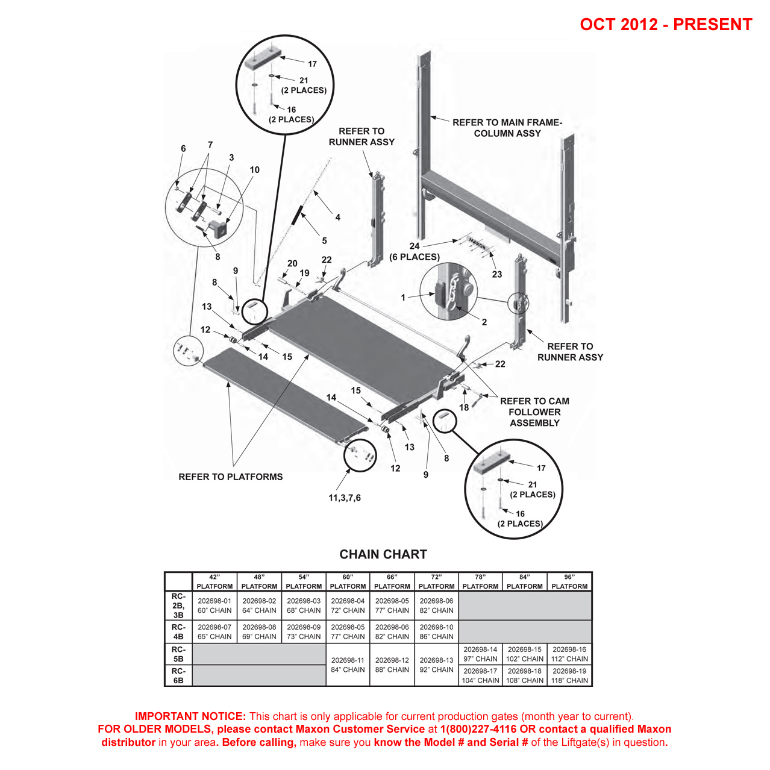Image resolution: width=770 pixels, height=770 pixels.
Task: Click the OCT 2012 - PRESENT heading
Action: click(x=666, y=25)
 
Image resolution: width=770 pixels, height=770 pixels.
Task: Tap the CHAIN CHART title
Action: click(x=383, y=554)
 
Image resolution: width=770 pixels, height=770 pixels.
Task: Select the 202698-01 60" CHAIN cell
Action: click(x=214, y=606)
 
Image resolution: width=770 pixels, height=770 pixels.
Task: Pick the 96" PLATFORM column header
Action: click(x=569, y=581)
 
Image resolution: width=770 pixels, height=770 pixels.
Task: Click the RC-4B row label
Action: click(x=178, y=631)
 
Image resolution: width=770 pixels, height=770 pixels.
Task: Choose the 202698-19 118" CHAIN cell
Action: click(x=569, y=675)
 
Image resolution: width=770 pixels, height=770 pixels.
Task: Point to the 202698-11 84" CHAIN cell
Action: click(x=348, y=665)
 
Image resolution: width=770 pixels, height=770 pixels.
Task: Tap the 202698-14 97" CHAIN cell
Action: click(x=480, y=654)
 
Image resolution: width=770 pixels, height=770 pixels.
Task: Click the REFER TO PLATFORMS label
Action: click(x=231, y=477)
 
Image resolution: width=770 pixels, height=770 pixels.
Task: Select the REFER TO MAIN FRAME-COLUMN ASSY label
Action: click(x=507, y=128)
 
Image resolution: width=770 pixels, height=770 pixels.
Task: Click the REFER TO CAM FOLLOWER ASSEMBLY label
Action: click(x=534, y=412)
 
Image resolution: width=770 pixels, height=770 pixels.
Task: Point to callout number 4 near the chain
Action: click(x=338, y=218)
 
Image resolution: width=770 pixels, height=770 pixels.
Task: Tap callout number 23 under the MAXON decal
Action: click(x=496, y=274)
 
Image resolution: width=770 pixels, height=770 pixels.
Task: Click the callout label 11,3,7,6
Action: click(x=345, y=498)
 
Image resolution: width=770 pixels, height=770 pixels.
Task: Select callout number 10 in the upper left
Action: click(x=255, y=170)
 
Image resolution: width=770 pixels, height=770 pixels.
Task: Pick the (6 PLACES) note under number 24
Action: click(x=415, y=257)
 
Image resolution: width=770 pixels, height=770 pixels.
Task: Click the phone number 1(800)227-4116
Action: click(x=478, y=729)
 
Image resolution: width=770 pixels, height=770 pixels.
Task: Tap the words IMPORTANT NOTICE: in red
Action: click(x=190, y=716)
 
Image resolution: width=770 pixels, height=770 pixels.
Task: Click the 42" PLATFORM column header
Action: click(x=214, y=581)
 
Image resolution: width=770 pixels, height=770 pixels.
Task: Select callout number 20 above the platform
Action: click(x=292, y=263)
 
